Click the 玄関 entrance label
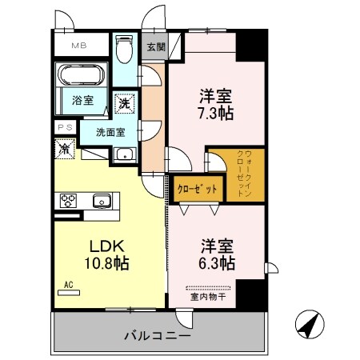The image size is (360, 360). [x=154, y=46]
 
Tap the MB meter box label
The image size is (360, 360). [x=81, y=46]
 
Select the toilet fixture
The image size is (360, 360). [x=122, y=51]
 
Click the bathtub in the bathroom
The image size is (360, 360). [x=81, y=77]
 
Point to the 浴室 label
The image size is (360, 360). [x=82, y=102]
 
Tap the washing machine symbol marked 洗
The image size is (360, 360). [x=125, y=102]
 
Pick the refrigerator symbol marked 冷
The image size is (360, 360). [x=64, y=147]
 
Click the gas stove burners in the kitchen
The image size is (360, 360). [x=67, y=201]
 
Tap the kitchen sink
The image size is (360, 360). [x=102, y=200]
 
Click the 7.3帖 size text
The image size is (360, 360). [x=215, y=114]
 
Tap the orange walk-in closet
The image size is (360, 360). [x=236, y=173]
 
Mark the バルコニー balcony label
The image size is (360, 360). [x=157, y=334]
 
